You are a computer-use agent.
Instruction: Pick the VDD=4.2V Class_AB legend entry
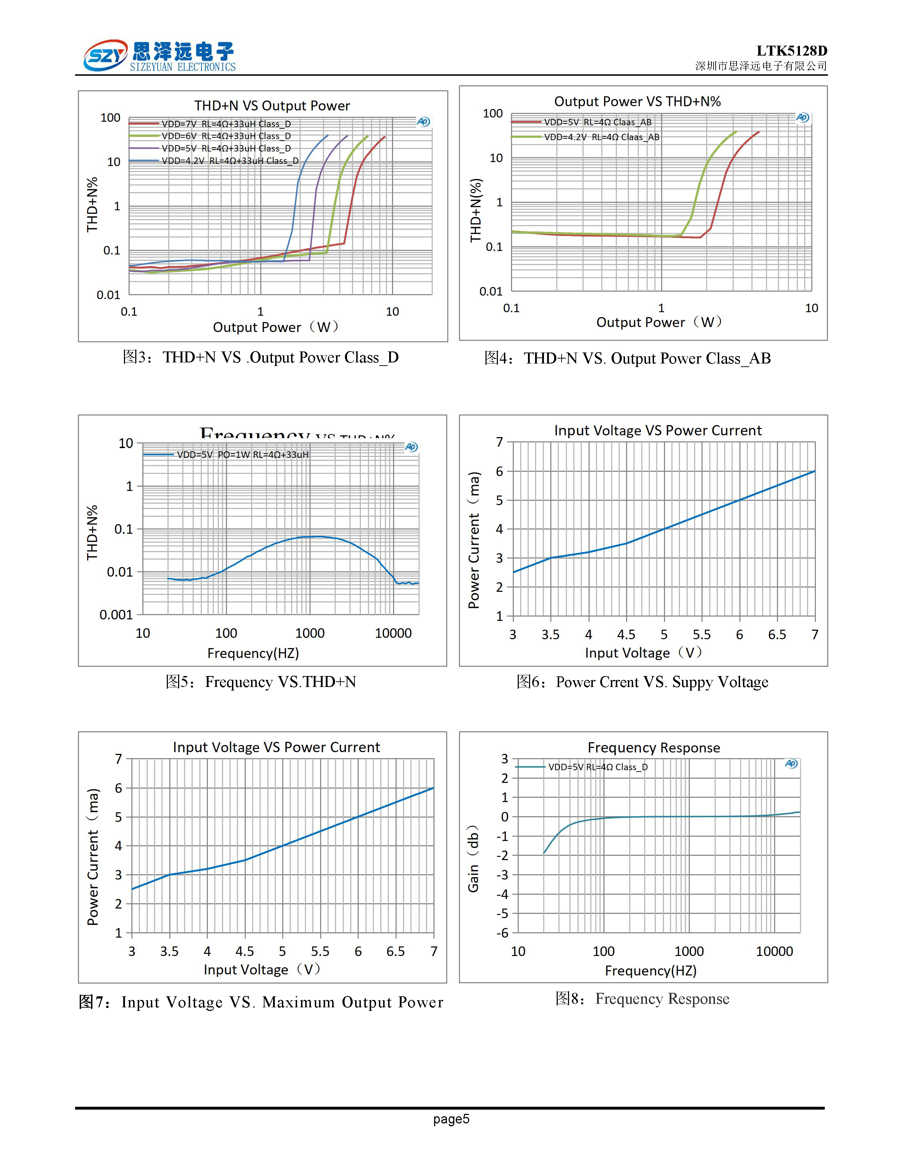point(601,137)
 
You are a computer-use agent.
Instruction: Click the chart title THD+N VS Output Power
point(272,106)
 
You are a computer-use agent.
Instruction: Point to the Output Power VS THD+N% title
point(637,102)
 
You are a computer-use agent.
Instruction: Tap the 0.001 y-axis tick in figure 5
point(116,615)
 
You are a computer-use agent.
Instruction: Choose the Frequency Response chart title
point(654,748)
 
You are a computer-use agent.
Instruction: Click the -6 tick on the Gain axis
point(502,933)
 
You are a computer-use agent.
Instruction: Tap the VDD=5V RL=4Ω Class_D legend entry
point(597,767)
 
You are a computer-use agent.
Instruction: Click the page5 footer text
point(451,1119)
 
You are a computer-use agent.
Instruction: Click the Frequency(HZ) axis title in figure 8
point(651,971)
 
